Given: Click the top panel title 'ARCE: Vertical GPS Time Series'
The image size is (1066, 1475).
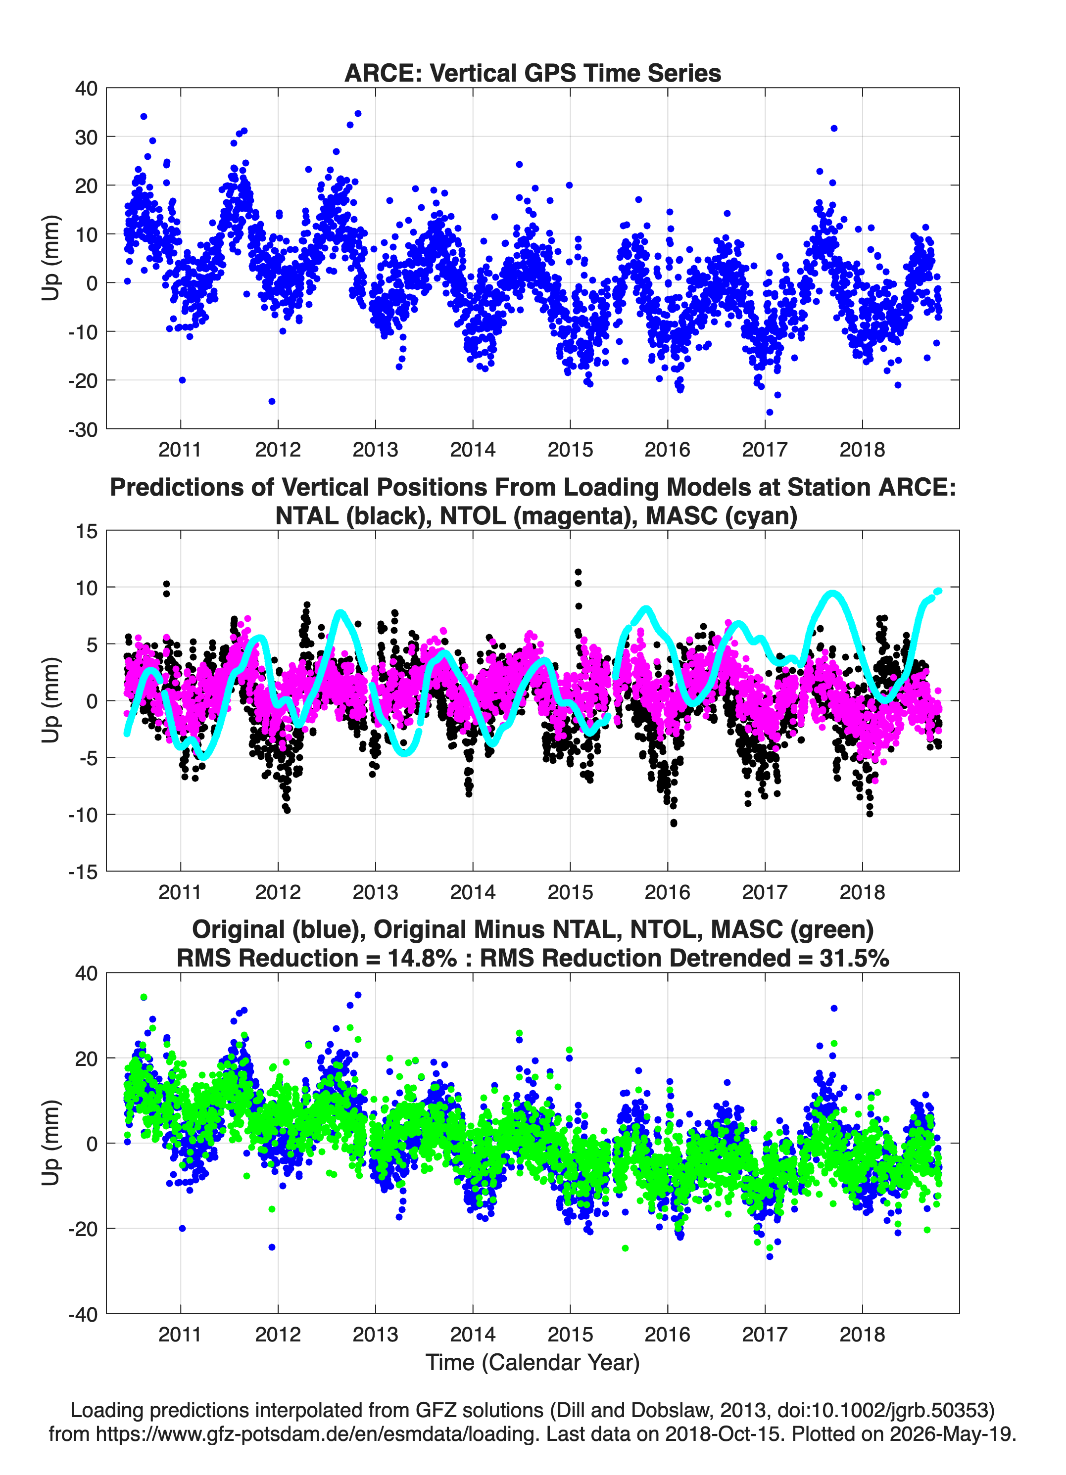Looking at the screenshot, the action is pyautogui.click(x=533, y=73).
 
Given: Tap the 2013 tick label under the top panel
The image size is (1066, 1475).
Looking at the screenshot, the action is pyautogui.click(x=376, y=450).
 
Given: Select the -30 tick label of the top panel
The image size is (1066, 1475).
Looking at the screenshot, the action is pyautogui.click(x=83, y=429).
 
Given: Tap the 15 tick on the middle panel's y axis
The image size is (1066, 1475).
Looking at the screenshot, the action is pyautogui.click(x=87, y=531).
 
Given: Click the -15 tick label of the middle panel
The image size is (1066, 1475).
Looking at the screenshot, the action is pyautogui.click(x=83, y=872).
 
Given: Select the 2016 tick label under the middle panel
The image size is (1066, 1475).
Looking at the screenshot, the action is pyautogui.click(x=668, y=892).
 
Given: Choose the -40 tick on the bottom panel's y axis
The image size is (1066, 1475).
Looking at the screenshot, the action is pyautogui.click(x=83, y=1314).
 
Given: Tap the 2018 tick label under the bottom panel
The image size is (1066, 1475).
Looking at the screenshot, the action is pyautogui.click(x=862, y=1335).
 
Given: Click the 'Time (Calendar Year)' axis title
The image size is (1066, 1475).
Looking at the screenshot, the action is pyautogui.click(x=533, y=1363).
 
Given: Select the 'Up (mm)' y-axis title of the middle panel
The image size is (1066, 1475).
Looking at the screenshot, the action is pyautogui.click(x=51, y=700).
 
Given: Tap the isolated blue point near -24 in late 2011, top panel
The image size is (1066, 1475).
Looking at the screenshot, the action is pyautogui.click(x=272, y=401).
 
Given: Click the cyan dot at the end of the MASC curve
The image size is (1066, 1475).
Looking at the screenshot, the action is pyautogui.click(x=938, y=591).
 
